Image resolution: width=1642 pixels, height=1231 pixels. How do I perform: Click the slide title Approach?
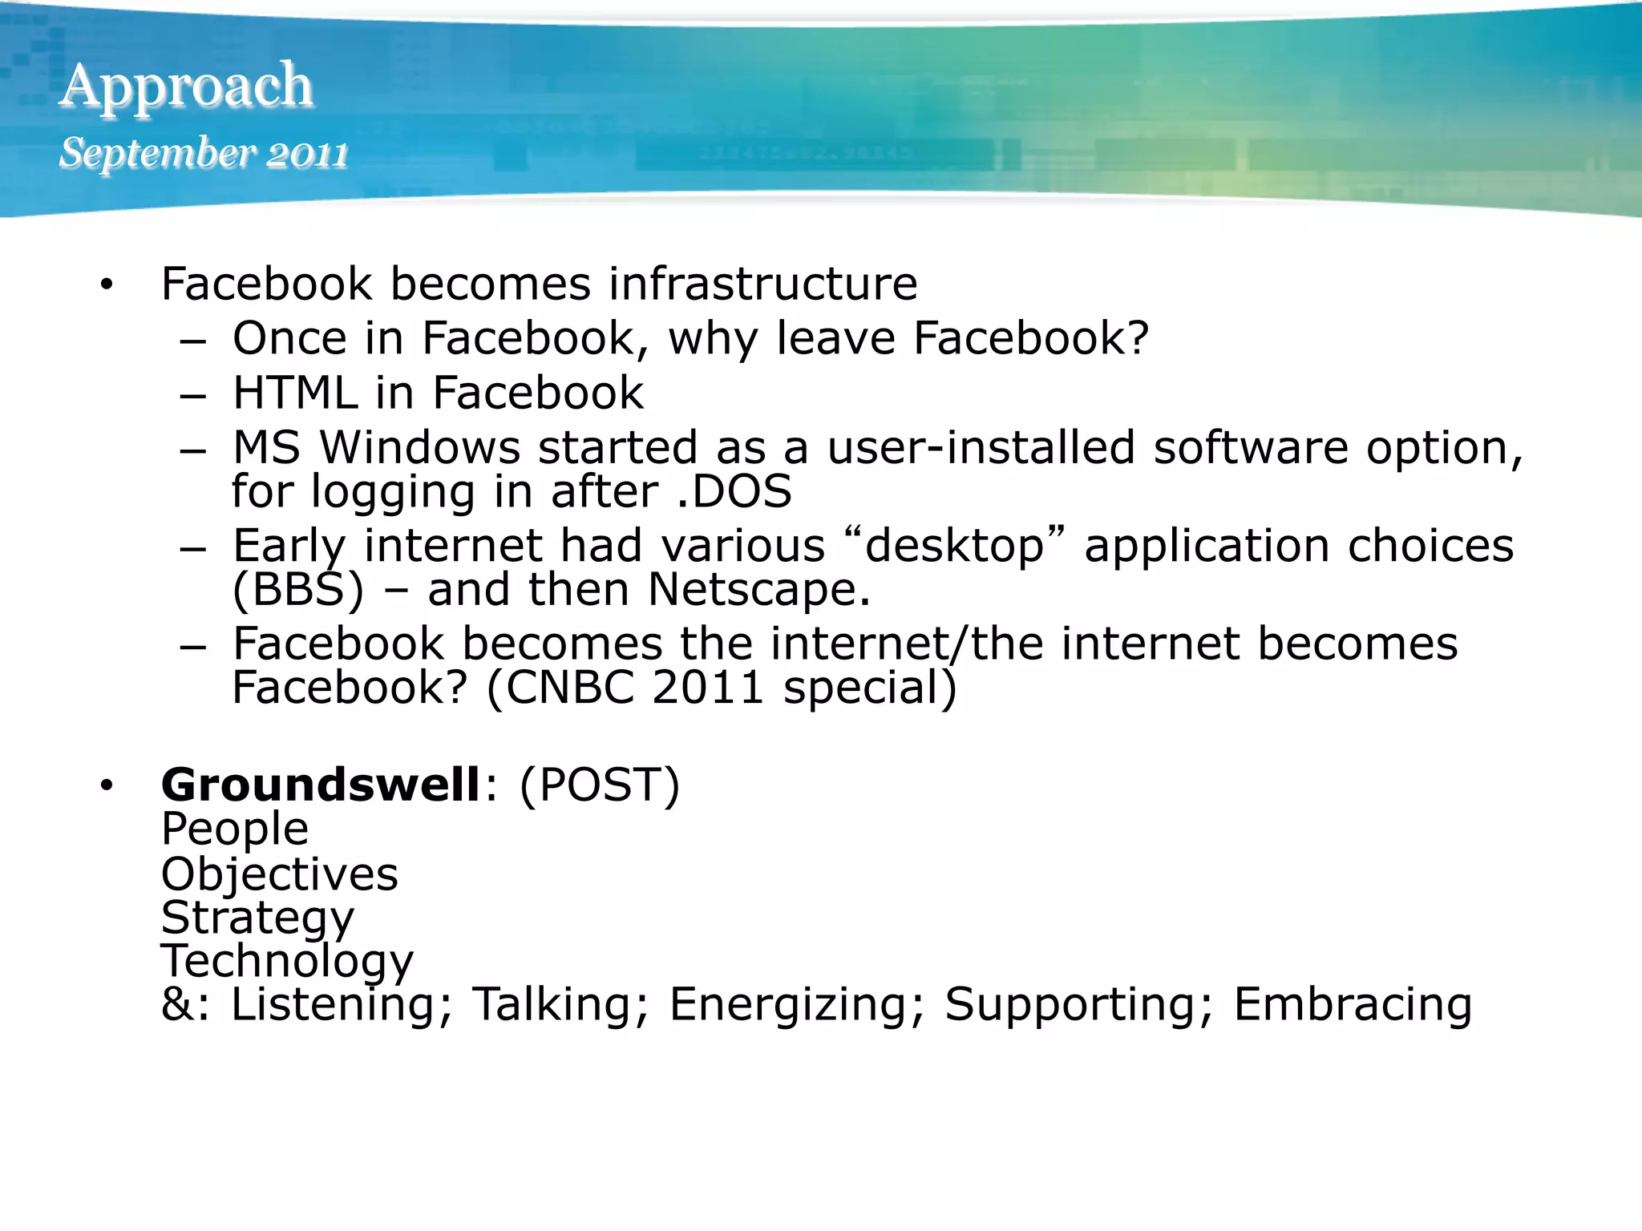[x=186, y=87]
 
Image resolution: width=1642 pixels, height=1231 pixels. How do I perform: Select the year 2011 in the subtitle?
[x=307, y=154]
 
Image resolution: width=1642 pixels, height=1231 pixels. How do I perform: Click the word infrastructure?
[x=762, y=284]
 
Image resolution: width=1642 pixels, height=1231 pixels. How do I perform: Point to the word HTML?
[x=294, y=393]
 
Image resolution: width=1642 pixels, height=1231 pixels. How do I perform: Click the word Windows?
[x=420, y=447]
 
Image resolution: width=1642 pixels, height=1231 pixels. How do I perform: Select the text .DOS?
[x=734, y=491]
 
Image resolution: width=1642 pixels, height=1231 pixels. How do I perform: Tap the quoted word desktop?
[x=954, y=547]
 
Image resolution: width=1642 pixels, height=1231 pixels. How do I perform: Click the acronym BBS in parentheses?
[x=298, y=590]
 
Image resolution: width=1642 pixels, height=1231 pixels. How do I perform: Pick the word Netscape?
[x=758, y=590]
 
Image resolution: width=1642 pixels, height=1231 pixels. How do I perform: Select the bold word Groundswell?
[x=321, y=785]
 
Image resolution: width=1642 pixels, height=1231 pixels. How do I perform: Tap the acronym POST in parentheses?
[x=600, y=785]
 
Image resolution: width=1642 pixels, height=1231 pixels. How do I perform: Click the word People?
[x=235, y=829]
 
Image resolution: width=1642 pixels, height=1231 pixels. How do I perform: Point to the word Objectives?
[x=280, y=874]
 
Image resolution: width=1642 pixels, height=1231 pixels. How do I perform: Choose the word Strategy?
[x=257, y=918]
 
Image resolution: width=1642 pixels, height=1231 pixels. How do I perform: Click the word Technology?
[x=287, y=962]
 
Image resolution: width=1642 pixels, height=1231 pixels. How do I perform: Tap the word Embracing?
[x=1353, y=1005]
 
